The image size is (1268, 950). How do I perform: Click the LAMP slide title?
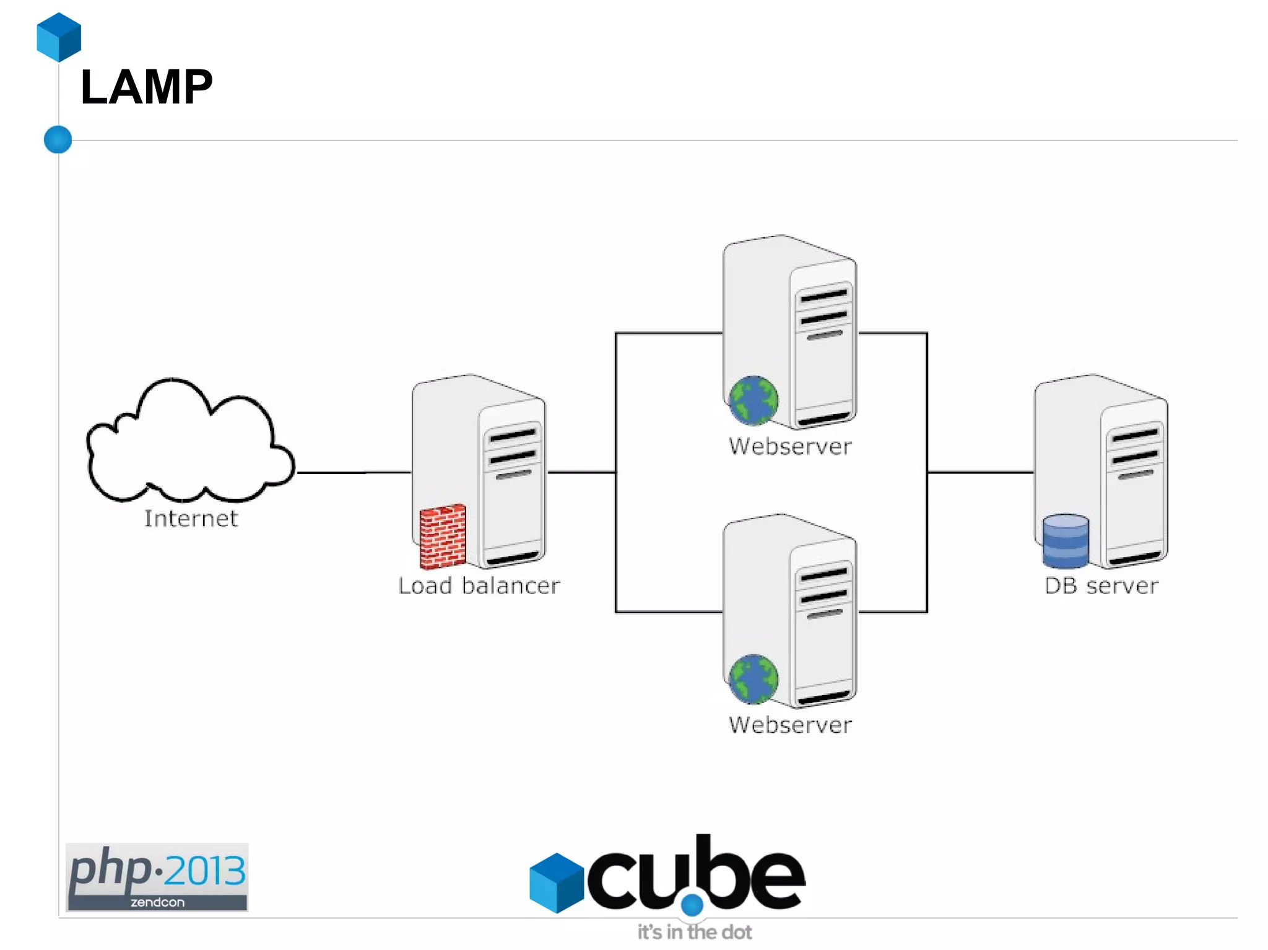click(147, 88)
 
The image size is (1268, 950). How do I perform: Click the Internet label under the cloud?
click(191, 519)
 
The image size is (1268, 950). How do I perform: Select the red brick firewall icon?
click(442, 537)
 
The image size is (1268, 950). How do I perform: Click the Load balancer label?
click(479, 585)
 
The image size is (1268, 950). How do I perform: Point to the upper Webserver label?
click(790, 446)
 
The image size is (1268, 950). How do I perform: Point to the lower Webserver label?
click(790, 725)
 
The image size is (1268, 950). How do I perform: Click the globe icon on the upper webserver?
click(753, 400)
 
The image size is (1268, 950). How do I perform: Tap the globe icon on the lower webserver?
click(753, 679)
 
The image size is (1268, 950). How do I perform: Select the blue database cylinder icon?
click(1065, 541)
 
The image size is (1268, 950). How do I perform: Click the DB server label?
click(1101, 585)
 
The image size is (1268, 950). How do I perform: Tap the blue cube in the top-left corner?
click(59, 37)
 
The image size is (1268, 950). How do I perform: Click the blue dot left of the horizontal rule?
click(58, 139)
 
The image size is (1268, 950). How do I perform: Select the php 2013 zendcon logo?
click(157, 876)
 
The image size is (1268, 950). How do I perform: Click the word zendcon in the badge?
click(157, 902)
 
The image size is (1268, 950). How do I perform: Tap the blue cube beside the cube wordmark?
click(556, 883)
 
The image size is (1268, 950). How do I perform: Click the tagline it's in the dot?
click(695, 932)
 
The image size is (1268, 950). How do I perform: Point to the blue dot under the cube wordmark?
click(692, 905)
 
